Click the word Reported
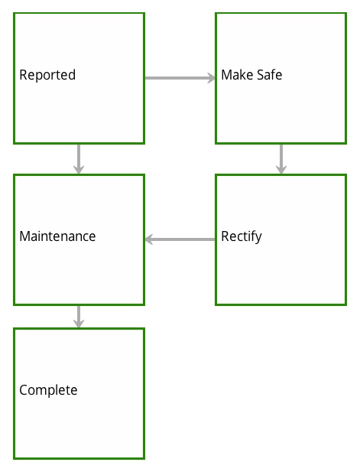47,75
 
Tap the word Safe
269,75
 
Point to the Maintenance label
57,236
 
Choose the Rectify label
242,237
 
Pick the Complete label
48,390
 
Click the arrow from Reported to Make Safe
180,78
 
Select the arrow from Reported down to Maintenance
79,159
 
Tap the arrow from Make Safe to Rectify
281,159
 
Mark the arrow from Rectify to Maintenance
180,239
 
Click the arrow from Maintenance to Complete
79,317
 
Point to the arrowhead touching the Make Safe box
212,78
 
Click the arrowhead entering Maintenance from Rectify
149,239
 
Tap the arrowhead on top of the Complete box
79,324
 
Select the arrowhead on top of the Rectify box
281,170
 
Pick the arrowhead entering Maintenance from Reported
79,170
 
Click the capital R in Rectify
225,236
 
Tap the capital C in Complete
24,390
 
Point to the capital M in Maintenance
24,236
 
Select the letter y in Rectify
258,239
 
